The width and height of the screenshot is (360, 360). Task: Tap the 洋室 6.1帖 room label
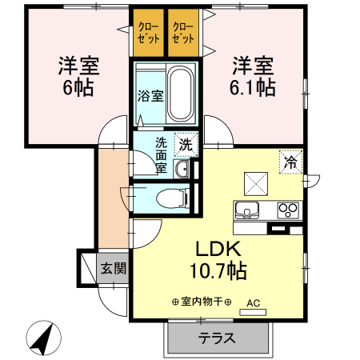255,75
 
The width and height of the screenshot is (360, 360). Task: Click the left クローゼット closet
149,33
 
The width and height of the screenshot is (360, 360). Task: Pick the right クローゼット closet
184,33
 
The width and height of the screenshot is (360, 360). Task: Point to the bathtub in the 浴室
182,94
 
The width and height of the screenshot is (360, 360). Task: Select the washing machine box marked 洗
186,145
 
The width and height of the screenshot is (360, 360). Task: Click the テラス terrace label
218,338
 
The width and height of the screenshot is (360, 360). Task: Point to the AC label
254,303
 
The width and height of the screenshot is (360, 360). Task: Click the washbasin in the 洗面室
182,169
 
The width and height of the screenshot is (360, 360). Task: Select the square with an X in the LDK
255,183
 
